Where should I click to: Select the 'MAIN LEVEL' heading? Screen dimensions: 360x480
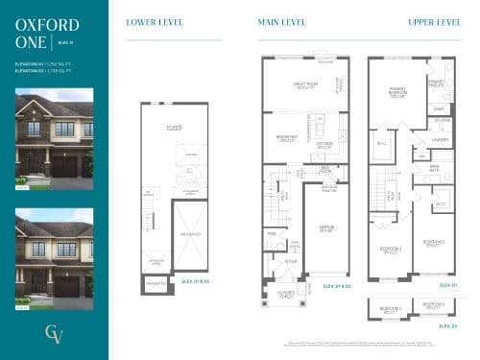click(282, 22)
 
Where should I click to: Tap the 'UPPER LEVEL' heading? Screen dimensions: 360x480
click(434, 22)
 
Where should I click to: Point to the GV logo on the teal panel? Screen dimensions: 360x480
click(54, 334)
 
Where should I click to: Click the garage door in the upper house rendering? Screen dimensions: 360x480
click(65, 167)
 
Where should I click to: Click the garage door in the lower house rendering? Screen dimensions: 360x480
click(65, 286)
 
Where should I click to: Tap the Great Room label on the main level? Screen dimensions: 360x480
click(306, 86)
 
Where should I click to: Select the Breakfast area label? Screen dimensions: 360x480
click(287, 138)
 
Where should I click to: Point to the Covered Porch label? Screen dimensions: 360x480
click(286, 295)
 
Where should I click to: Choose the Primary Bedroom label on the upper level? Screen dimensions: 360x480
click(396, 93)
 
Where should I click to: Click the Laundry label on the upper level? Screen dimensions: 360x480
click(441, 140)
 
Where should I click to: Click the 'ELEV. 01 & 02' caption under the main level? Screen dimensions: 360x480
click(337, 286)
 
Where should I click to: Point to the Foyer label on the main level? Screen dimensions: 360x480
click(291, 261)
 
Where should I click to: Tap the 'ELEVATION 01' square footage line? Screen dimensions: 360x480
click(42, 63)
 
